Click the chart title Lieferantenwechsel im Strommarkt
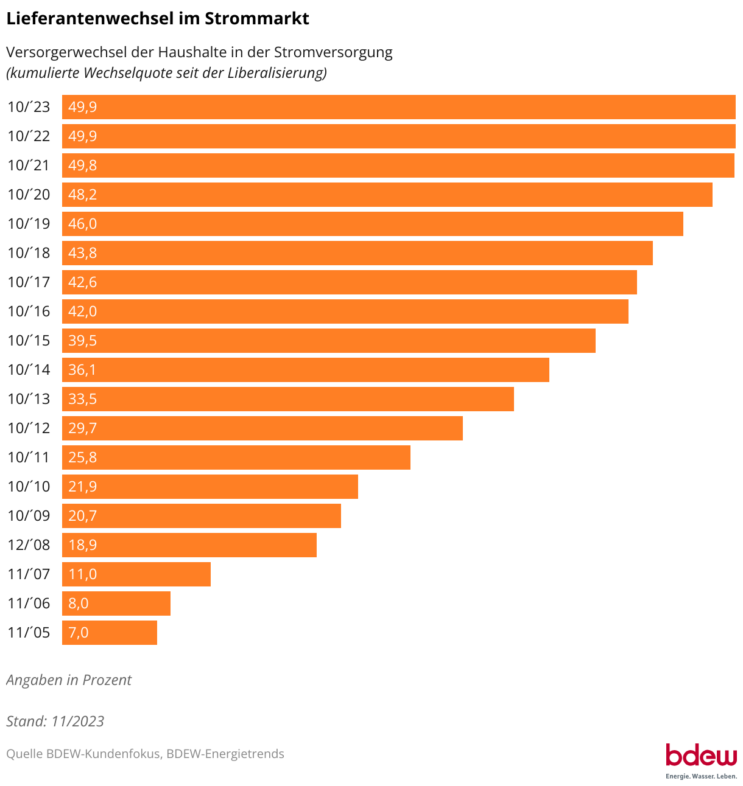158,19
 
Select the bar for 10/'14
306,370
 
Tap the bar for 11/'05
110,633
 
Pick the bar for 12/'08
189,545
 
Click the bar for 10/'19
373,224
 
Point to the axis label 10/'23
29,107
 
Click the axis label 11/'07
29,574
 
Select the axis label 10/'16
29,311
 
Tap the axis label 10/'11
29,457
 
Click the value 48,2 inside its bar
83,195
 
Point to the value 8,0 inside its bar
79,603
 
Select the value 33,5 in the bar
83,399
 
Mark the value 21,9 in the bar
83,487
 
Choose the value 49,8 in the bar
83,165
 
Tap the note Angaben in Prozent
69,680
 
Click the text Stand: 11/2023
55,722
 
